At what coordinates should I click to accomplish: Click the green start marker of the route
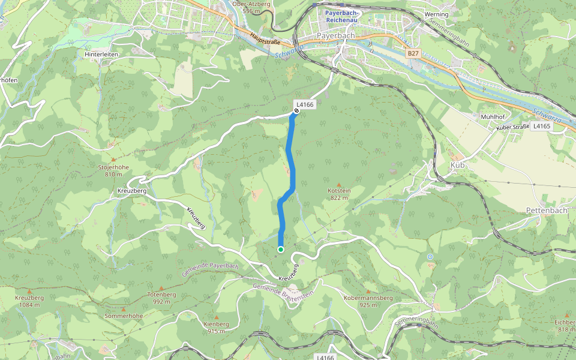[x=280, y=250]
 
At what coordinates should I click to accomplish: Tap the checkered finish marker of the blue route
[x=296, y=110]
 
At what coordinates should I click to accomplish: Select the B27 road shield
[x=412, y=53]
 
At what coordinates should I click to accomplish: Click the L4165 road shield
[x=541, y=127]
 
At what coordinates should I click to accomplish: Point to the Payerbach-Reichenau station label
[x=340, y=16]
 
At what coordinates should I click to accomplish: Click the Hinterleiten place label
[x=101, y=54]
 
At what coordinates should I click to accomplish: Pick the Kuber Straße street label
[x=512, y=127]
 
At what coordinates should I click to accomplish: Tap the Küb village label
[x=457, y=165]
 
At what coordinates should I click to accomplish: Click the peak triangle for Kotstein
[x=339, y=184]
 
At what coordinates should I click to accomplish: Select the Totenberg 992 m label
[x=161, y=298]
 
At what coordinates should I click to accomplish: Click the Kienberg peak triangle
[x=217, y=317]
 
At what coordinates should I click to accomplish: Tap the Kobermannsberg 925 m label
[x=368, y=301]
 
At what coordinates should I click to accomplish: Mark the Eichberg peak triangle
[x=566, y=315]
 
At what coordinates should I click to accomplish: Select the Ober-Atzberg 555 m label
[x=251, y=7]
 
